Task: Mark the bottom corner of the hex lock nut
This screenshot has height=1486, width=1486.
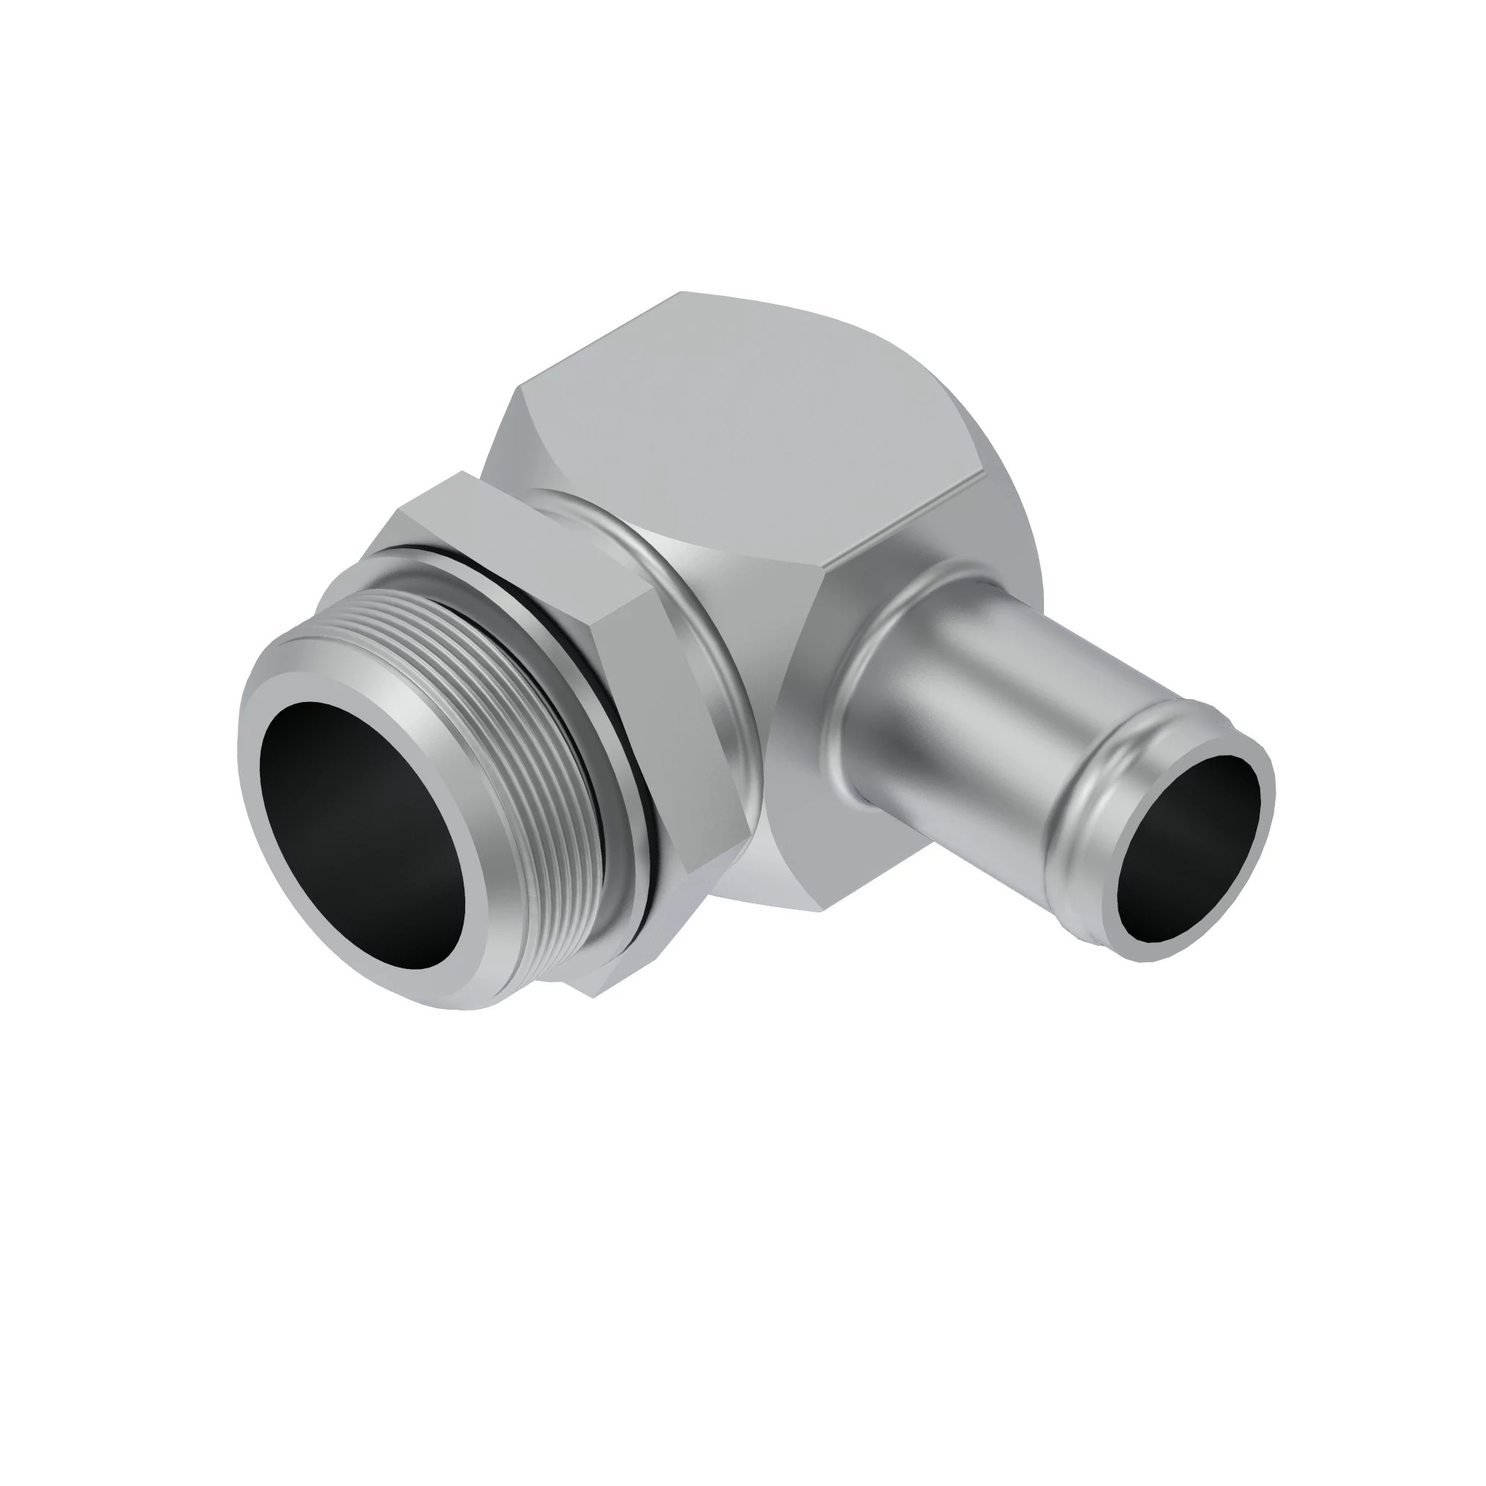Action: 600,992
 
